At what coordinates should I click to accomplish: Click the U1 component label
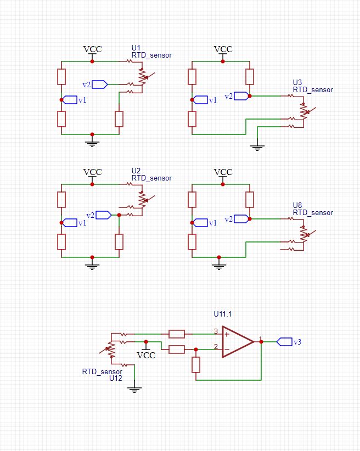(x=136, y=48)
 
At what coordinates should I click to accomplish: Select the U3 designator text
(x=297, y=83)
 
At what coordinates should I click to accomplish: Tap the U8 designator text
(x=297, y=205)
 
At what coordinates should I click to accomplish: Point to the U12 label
(x=115, y=379)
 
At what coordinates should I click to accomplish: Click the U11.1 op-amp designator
(x=223, y=314)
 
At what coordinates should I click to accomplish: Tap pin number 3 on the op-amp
(x=216, y=331)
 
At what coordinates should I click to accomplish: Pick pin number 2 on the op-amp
(x=216, y=346)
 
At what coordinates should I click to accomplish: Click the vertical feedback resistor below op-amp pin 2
(x=196, y=365)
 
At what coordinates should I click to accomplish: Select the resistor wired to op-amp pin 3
(x=177, y=334)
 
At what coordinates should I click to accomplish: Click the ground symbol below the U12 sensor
(x=134, y=390)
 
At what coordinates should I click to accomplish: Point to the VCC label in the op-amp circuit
(x=146, y=355)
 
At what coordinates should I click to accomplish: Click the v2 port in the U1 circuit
(x=99, y=84)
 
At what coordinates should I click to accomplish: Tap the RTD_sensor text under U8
(x=313, y=212)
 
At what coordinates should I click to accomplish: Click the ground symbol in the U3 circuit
(x=257, y=147)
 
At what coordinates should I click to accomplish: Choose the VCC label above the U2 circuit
(x=92, y=172)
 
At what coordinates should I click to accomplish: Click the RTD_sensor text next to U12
(x=102, y=371)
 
